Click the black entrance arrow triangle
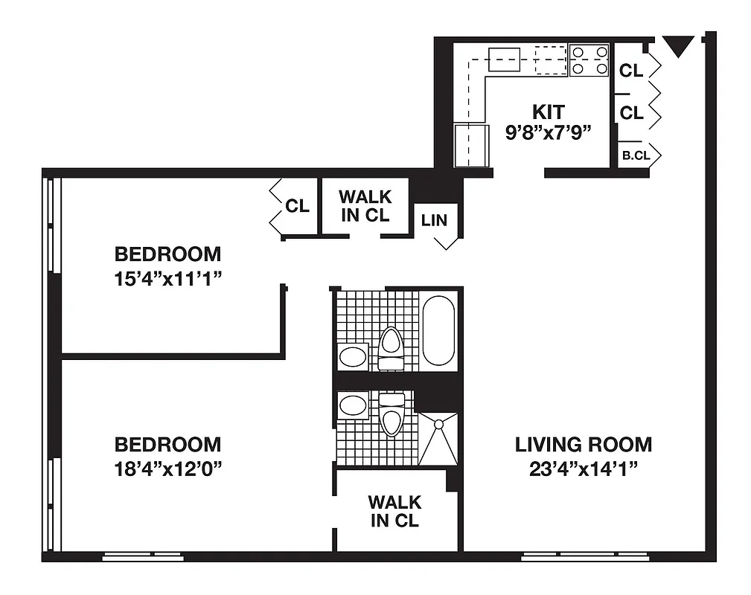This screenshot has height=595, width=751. pyautogui.click(x=677, y=47)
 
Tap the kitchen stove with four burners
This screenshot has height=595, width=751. pyautogui.click(x=589, y=60)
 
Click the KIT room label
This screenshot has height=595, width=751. pyautogui.click(x=548, y=112)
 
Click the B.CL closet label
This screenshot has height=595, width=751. pyautogui.click(x=636, y=156)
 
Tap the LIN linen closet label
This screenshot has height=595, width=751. pyautogui.click(x=434, y=221)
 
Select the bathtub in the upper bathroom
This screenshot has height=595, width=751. pyautogui.click(x=438, y=329)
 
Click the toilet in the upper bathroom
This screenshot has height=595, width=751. pyautogui.click(x=390, y=349)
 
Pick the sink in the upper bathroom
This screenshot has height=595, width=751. pyautogui.click(x=353, y=357)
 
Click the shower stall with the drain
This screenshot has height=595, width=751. pyautogui.click(x=438, y=439)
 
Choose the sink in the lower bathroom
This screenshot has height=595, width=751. pyautogui.click(x=353, y=406)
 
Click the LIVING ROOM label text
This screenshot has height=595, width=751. pyautogui.click(x=584, y=445)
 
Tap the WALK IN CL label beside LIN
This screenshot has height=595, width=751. pyautogui.click(x=365, y=206)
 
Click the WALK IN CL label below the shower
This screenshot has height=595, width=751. pyautogui.click(x=394, y=511)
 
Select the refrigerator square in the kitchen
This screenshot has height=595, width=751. pyautogui.click(x=470, y=146)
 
